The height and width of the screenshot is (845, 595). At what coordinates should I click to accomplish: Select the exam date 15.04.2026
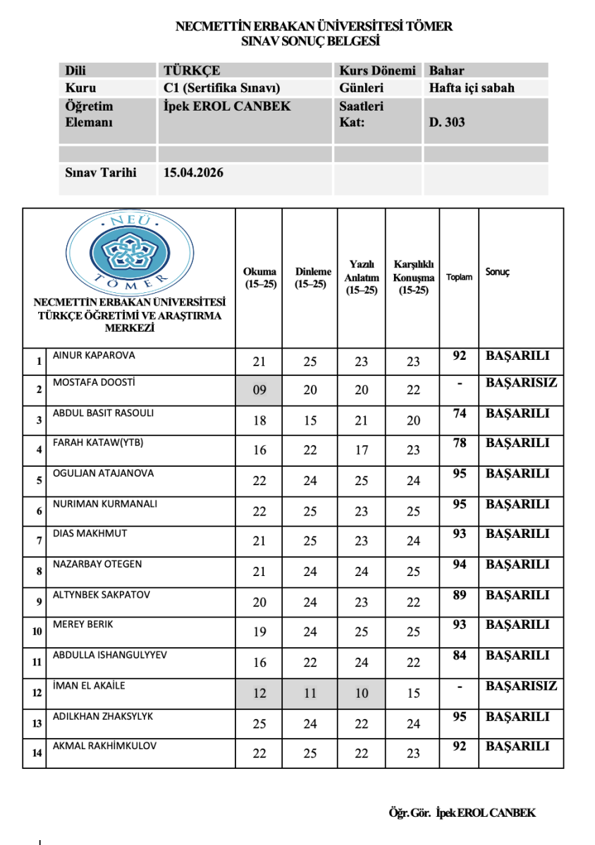(x=193, y=173)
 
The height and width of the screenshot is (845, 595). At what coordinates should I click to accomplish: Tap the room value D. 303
(x=447, y=122)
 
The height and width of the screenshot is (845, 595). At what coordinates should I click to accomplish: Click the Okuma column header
(x=259, y=277)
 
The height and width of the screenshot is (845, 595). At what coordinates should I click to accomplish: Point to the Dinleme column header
(x=310, y=277)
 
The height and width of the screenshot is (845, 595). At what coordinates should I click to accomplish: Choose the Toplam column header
(x=459, y=277)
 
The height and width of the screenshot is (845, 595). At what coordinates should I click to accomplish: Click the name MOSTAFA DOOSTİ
(x=94, y=382)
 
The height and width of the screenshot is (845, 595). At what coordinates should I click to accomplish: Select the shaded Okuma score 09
(x=259, y=390)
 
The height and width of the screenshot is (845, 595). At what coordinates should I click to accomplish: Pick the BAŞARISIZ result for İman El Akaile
(x=521, y=686)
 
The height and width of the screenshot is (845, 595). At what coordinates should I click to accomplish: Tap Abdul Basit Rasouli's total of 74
(x=460, y=413)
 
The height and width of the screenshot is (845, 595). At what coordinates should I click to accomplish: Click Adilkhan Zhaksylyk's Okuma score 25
(x=259, y=723)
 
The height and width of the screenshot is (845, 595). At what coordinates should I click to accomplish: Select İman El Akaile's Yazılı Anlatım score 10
(x=362, y=694)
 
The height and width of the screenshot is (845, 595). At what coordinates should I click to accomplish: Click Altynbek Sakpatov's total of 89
(x=460, y=595)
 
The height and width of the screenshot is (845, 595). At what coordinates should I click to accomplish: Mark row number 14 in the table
(x=35, y=753)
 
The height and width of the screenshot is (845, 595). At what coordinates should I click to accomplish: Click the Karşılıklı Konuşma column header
(x=413, y=277)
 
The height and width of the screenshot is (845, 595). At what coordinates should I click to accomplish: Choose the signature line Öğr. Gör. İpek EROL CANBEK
(x=462, y=813)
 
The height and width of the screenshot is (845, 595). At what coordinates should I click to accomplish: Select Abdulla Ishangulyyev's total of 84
(x=460, y=656)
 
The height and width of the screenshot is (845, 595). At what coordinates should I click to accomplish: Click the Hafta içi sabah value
(x=472, y=88)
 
